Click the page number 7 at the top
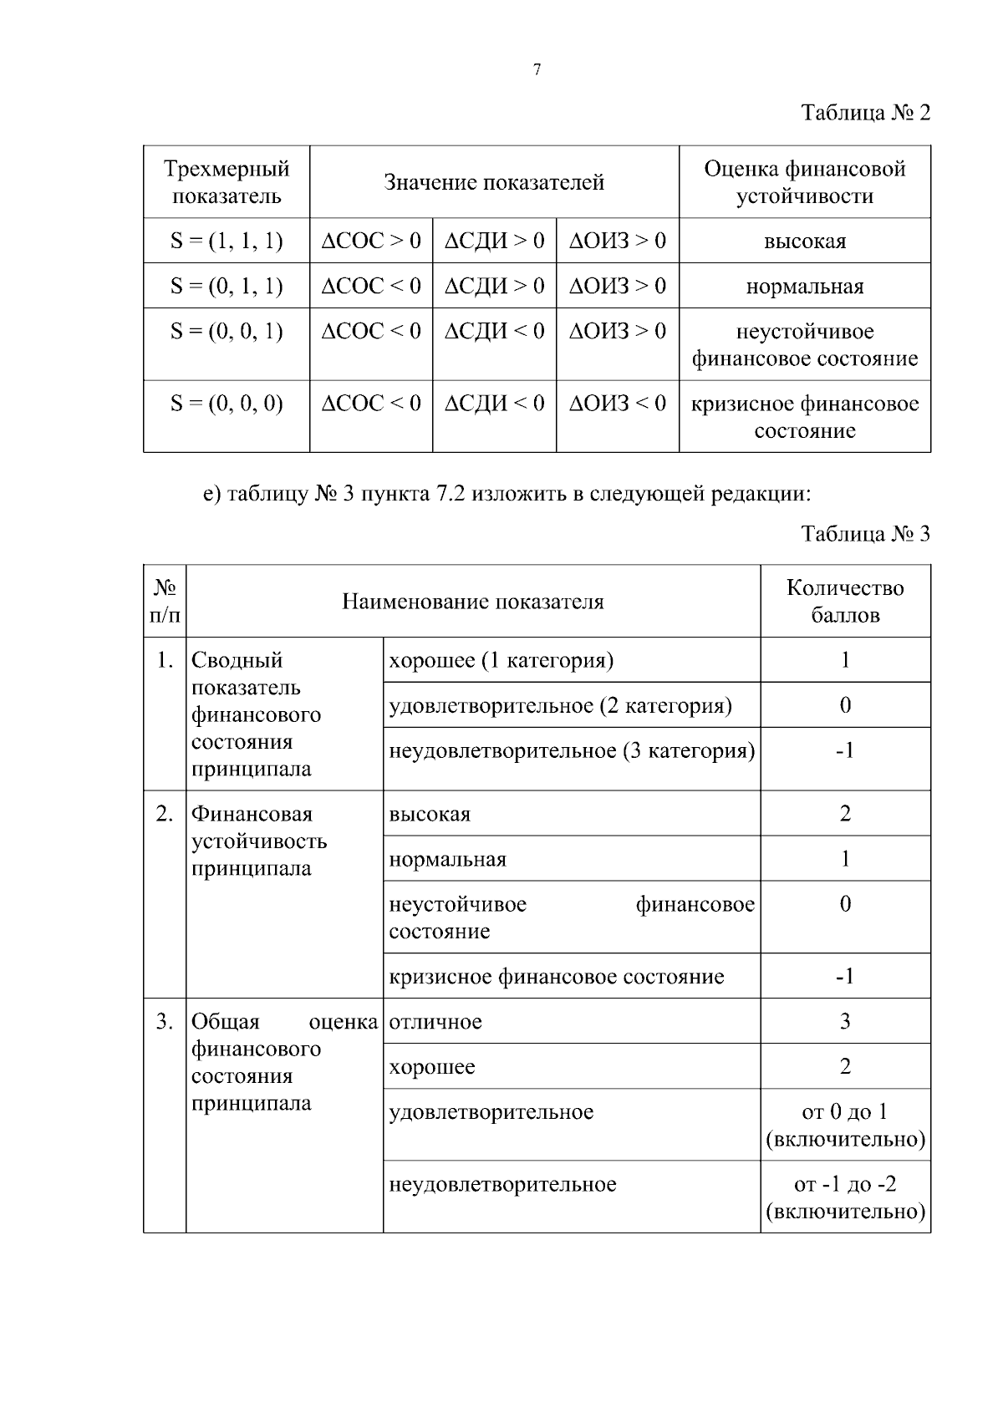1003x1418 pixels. click(537, 70)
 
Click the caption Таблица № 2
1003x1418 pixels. click(865, 113)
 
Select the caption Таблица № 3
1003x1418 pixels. click(865, 534)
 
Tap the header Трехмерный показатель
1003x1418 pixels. click(227, 182)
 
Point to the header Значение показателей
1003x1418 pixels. click(494, 182)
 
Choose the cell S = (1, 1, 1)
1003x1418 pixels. click(227, 241)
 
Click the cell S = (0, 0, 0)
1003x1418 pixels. click(227, 404)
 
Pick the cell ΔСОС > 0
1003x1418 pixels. click(371, 241)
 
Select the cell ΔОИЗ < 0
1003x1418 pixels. click(618, 404)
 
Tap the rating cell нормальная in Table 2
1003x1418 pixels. click(804, 287)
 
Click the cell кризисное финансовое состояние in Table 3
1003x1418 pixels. click(557, 977)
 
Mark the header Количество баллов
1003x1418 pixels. click(845, 602)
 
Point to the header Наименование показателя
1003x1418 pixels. click(473, 602)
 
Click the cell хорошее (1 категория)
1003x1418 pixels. click(501, 661)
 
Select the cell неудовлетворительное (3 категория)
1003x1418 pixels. click(572, 751)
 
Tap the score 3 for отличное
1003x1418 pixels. click(845, 1021)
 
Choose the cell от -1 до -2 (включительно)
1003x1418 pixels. click(845, 1197)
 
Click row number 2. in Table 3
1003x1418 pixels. click(165, 814)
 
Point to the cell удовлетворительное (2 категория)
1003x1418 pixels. click(560, 706)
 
